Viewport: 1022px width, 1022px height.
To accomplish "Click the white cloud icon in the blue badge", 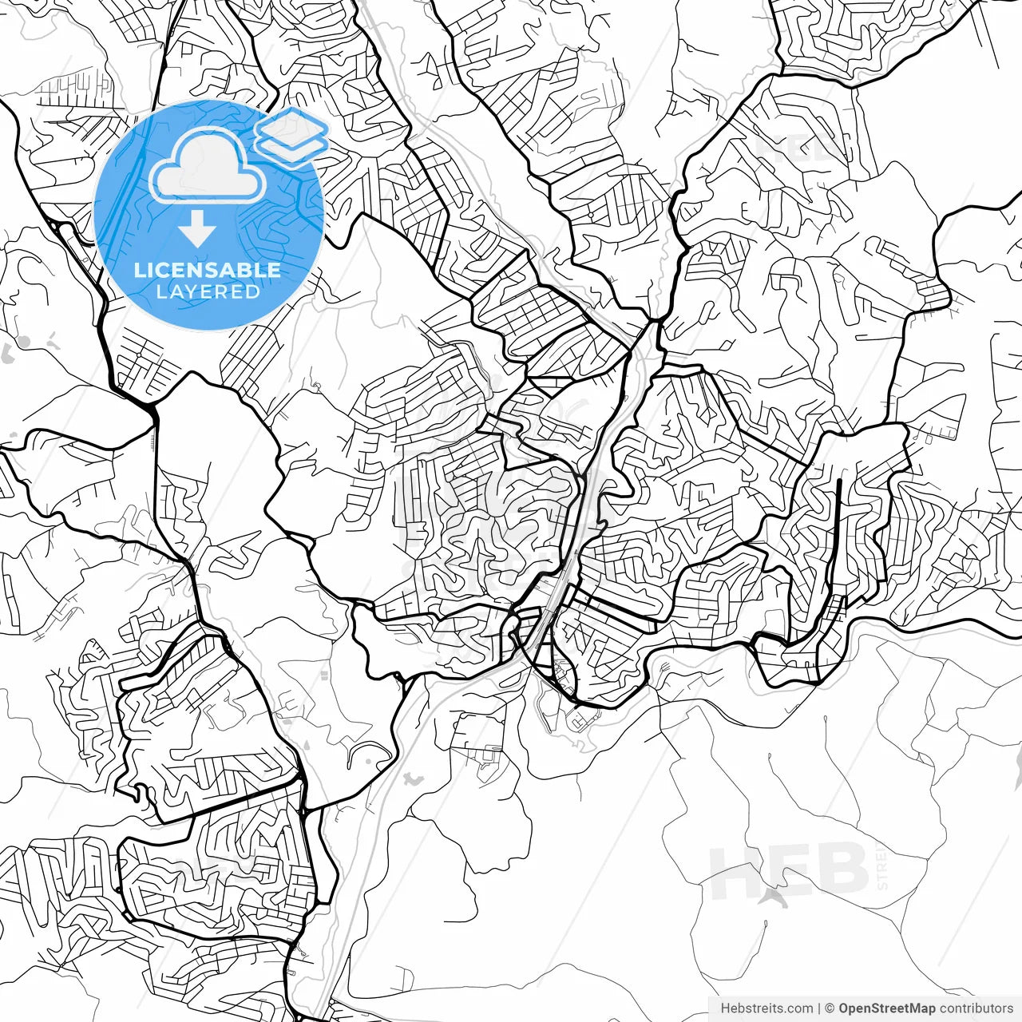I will (208, 166).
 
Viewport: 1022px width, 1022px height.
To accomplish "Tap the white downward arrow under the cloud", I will (197, 230).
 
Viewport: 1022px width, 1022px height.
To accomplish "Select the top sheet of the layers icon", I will (292, 126).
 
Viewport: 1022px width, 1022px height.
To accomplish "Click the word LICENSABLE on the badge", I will (208, 270).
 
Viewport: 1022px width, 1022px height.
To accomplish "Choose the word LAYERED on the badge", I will (208, 291).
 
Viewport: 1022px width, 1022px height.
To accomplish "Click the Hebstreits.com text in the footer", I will (766, 1008).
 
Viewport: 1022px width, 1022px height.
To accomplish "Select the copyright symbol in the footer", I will (830, 1008).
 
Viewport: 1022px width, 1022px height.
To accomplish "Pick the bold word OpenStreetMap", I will (886, 1008).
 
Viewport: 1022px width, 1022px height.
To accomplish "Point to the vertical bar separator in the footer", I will (819, 1008).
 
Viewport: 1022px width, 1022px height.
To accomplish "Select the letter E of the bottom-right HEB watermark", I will (790, 873).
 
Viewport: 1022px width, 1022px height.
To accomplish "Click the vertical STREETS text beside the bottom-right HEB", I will (882, 866).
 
